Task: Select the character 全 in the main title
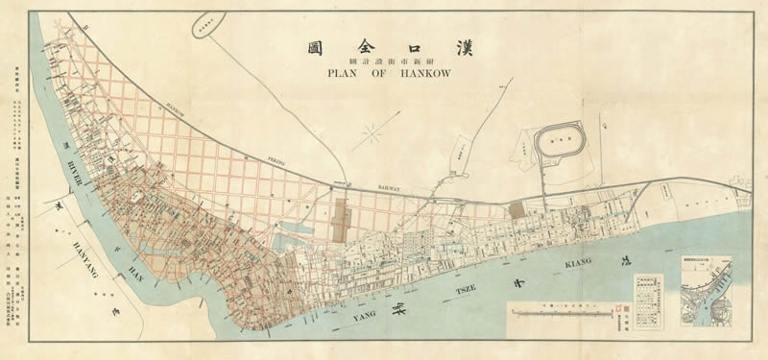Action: (368, 45)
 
